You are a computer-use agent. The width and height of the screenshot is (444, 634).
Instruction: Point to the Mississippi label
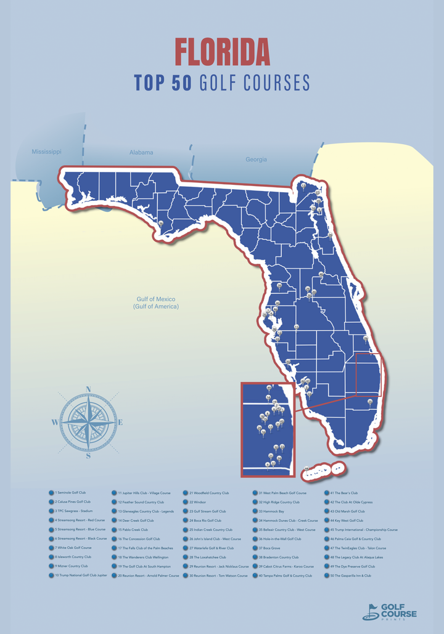click(47, 151)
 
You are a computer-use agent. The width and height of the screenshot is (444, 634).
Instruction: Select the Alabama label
click(141, 152)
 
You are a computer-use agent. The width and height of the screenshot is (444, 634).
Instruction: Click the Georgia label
click(256, 160)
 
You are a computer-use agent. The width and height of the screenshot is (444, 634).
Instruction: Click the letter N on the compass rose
click(88, 389)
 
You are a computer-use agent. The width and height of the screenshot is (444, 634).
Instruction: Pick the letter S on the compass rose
click(88, 456)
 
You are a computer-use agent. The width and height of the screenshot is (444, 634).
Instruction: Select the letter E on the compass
click(120, 423)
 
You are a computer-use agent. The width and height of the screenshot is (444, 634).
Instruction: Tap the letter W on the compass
click(55, 423)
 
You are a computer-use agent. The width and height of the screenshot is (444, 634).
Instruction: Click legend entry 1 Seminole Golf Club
click(70, 493)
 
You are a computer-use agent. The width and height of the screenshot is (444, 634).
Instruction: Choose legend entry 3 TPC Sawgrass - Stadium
click(75, 511)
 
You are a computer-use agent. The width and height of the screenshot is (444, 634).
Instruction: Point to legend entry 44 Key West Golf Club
click(347, 521)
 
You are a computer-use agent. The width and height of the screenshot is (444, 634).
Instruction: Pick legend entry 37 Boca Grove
click(269, 548)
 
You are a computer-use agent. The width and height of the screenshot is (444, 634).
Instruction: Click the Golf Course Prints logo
click(390, 611)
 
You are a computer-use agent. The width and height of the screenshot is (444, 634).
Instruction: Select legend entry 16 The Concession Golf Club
click(139, 538)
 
